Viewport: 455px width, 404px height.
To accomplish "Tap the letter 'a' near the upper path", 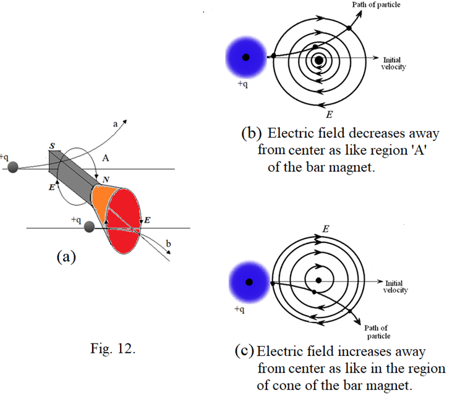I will coord(114,124).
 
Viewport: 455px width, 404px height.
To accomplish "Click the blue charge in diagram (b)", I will coord(246,57).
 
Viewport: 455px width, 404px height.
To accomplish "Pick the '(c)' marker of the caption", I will coord(244,351).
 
